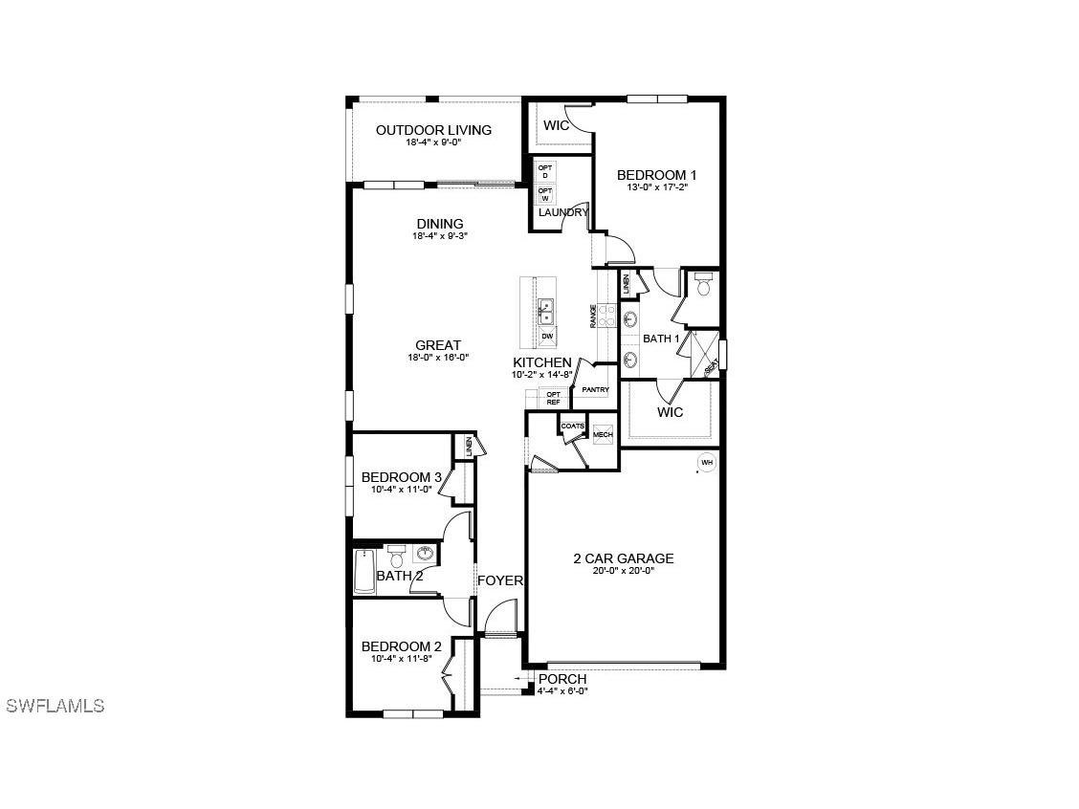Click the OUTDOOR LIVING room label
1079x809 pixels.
tap(433, 130)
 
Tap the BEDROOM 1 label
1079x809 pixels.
tap(656, 175)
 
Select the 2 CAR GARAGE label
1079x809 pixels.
tap(624, 558)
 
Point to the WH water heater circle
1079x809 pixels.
tap(707, 463)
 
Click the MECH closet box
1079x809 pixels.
tap(603, 435)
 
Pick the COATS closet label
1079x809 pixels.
tap(572, 426)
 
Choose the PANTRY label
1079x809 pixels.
tap(595, 390)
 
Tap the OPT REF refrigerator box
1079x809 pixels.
tap(553, 398)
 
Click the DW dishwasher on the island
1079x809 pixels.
tap(547, 337)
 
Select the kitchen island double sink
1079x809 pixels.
tap(546, 311)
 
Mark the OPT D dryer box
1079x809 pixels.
tap(544, 171)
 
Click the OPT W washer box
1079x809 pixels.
tap(544, 194)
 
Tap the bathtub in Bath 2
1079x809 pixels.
tap(363, 572)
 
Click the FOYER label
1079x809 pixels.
tap(500, 580)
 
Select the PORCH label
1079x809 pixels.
tap(562, 679)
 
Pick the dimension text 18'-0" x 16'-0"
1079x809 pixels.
tap(437, 358)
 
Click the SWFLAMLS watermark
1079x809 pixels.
tap(55, 706)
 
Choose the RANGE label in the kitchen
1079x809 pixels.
tap(594, 316)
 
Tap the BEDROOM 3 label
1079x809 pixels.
tap(401, 477)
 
